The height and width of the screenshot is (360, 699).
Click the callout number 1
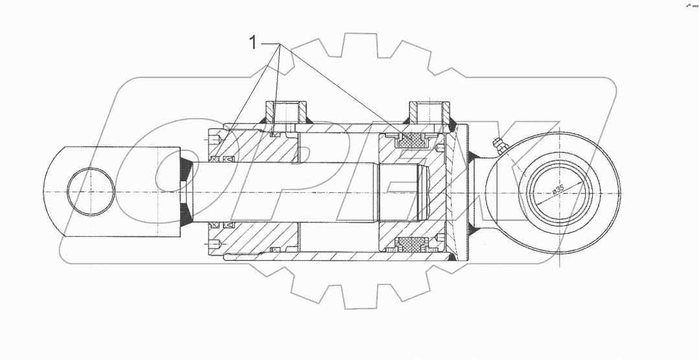[253, 44]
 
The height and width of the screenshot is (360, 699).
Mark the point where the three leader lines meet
[280, 45]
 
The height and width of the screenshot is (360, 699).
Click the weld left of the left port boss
[263, 121]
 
